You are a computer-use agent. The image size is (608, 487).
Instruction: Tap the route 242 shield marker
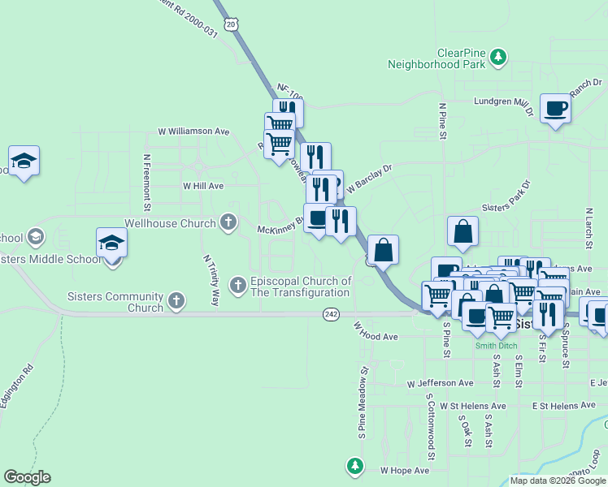coord(331,314)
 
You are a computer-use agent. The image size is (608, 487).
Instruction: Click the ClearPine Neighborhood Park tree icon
coord(499,57)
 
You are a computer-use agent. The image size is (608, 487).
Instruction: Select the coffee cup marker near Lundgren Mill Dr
coord(556,108)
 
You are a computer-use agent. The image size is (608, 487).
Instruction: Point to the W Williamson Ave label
coord(194,131)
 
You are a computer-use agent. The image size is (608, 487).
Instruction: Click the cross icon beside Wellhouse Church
coord(229,222)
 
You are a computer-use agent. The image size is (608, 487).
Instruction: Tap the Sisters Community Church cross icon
coord(175,302)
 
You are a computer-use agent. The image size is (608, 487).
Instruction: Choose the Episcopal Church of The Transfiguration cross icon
coord(237,285)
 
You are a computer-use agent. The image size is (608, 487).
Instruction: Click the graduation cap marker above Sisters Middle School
coord(112,243)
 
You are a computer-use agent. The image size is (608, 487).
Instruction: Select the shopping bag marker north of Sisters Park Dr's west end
coord(463,231)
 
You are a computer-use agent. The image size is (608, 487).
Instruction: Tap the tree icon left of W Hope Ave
coord(354,466)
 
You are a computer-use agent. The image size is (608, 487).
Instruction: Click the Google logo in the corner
coord(27,477)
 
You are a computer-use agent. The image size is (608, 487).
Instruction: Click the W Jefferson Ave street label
coord(441,383)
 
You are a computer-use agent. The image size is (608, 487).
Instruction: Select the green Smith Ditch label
coord(495,344)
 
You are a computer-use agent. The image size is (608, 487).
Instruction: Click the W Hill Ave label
coord(203,186)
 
